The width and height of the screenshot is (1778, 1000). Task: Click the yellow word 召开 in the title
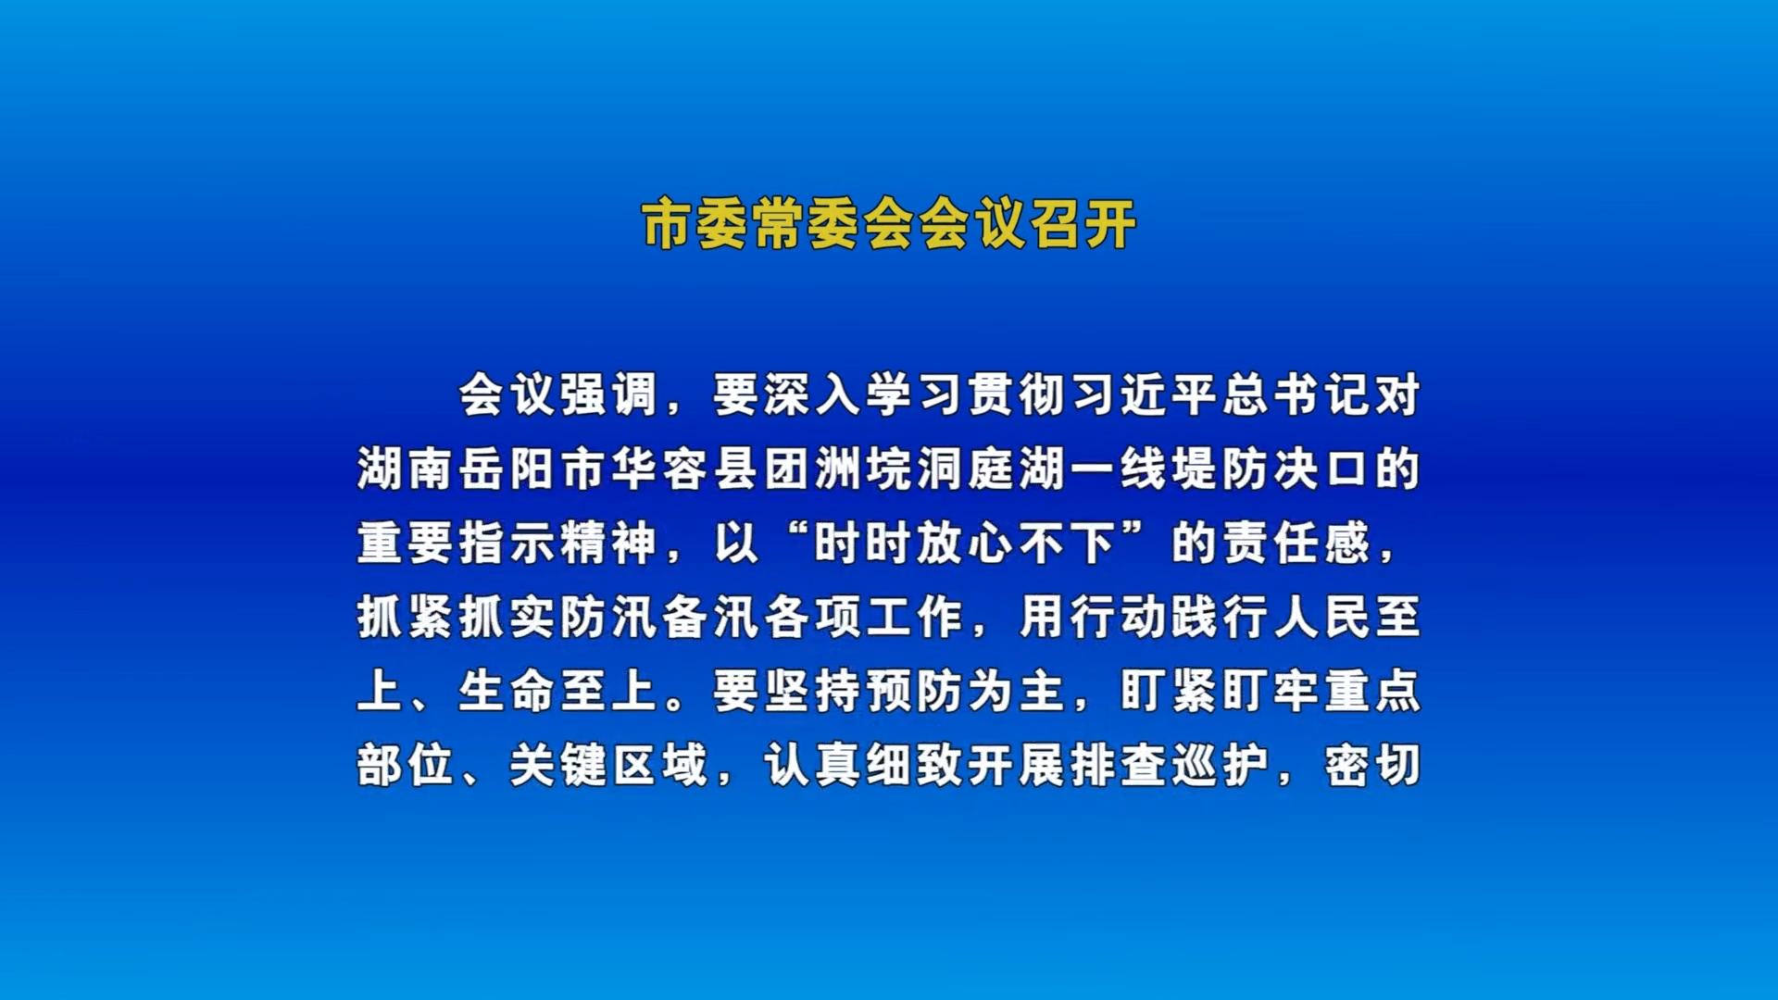coord(1083,224)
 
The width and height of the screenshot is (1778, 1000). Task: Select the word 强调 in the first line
coord(609,395)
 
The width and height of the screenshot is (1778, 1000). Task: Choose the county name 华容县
coord(684,469)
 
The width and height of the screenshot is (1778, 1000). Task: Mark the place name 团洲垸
coord(837,469)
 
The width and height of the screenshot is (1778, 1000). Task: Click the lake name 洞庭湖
coord(990,469)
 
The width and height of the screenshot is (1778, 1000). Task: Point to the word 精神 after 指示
coord(609,544)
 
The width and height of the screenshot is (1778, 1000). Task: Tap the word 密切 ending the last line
coord(1372,766)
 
